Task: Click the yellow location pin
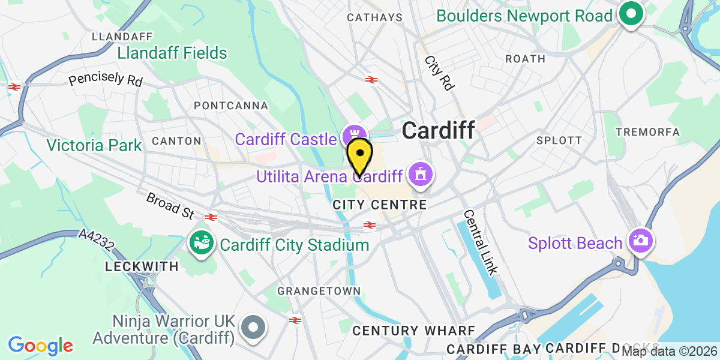click(359, 155)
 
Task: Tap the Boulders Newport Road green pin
click(631, 14)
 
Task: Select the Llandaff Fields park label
click(172, 53)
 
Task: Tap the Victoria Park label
click(95, 145)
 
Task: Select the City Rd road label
click(439, 73)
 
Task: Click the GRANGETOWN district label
click(319, 291)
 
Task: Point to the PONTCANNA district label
click(231, 106)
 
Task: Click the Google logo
click(40, 346)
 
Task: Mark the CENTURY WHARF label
click(413, 331)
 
